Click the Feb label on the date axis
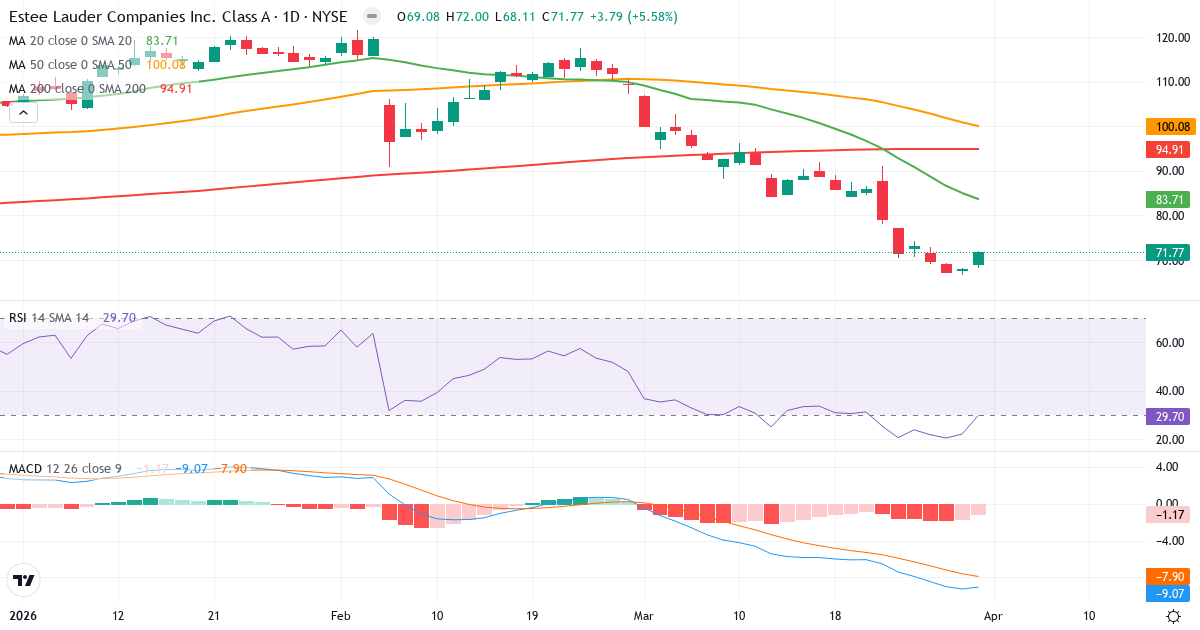point(342,616)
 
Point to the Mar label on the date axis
point(644,616)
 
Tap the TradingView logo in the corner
point(23,580)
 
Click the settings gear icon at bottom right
point(1174,616)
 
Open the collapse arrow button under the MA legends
point(23,112)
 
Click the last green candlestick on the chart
point(978,259)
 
